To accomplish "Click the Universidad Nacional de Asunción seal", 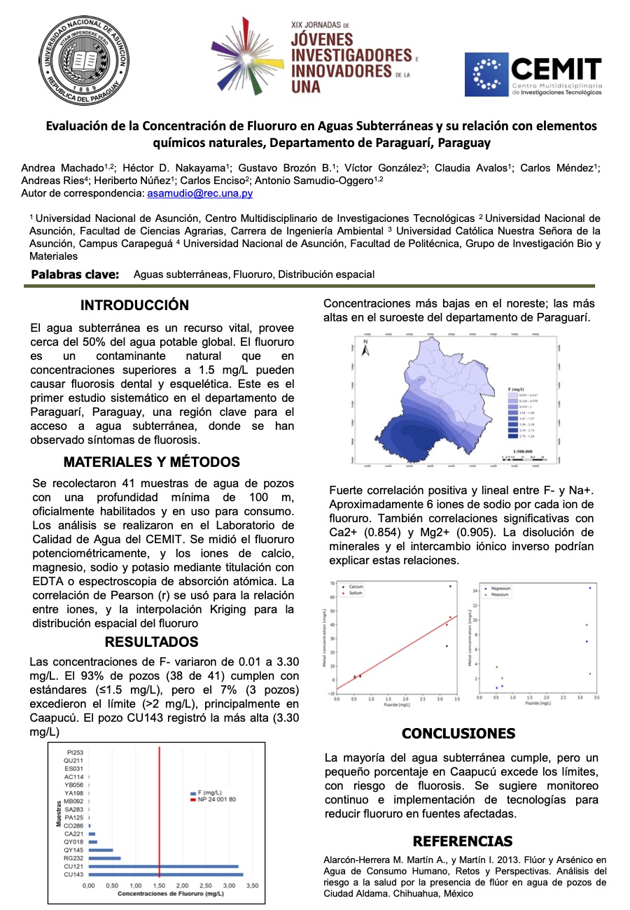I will point(83,60).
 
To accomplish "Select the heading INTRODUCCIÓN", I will point(134,305).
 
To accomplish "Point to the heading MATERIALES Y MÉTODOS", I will point(151,462).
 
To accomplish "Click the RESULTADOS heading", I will point(151,642).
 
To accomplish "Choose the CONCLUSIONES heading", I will point(458,734).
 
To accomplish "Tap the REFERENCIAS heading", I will point(462,841).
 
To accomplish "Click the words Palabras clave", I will point(75,274).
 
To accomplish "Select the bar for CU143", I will point(165,874).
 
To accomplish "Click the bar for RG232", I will point(104,858).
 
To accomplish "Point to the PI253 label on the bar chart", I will point(75,751).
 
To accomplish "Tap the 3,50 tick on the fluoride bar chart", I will point(253,885).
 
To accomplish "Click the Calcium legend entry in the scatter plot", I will point(356,586).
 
